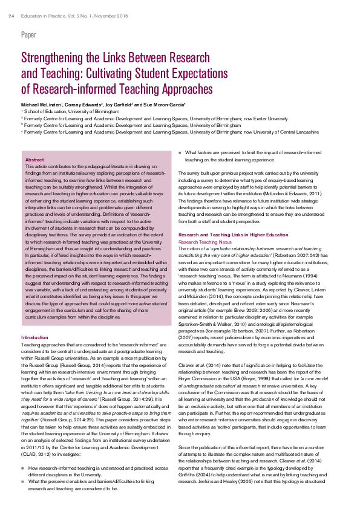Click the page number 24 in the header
point(11,7)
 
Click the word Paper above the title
point(28,35)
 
